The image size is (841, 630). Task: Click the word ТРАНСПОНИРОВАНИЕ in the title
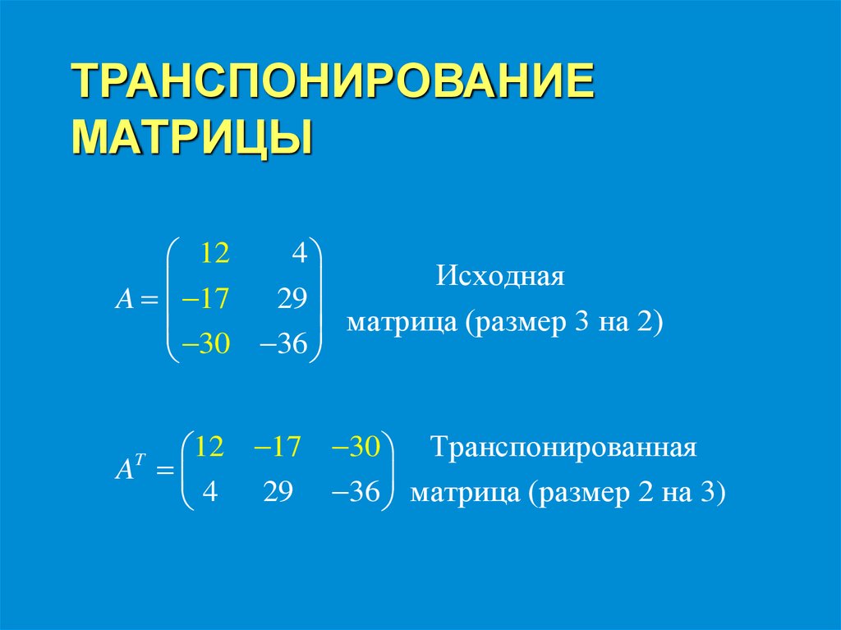332,82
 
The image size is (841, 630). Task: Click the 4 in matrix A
298,255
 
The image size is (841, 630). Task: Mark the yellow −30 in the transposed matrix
355,448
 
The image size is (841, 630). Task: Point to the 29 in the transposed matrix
278,494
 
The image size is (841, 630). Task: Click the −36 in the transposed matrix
355,494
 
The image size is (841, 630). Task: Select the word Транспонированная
564,448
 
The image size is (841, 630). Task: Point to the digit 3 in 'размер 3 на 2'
582,321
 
